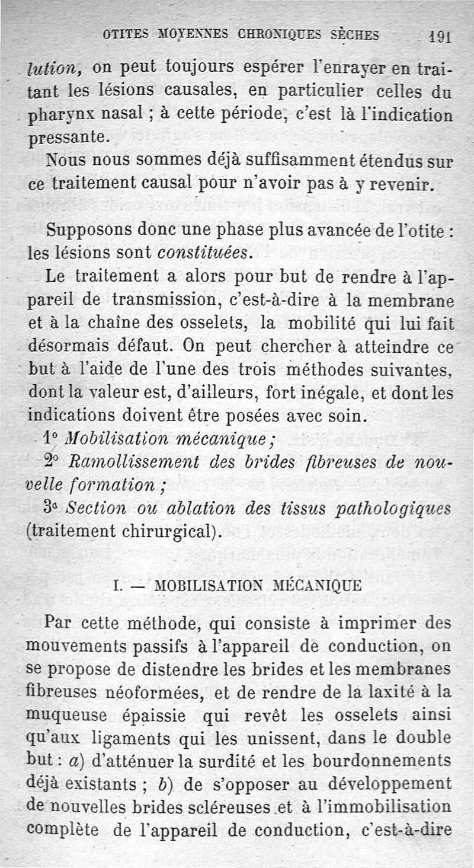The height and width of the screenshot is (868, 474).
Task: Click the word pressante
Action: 68,137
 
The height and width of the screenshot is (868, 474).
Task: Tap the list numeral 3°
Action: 52,508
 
